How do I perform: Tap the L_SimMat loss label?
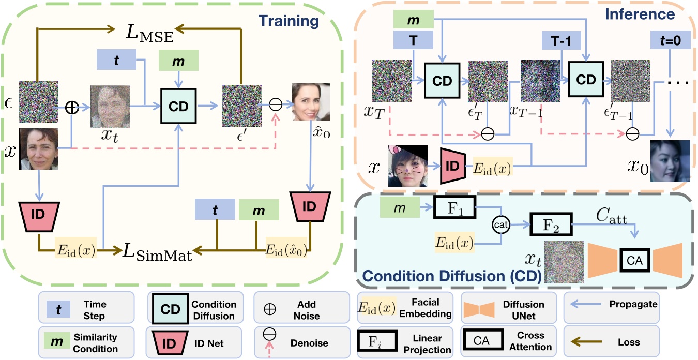pos(157,252)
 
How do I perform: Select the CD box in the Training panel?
pos(180,107)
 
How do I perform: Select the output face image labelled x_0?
pos(670,161)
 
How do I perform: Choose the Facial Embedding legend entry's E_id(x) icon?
pos(377,309)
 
